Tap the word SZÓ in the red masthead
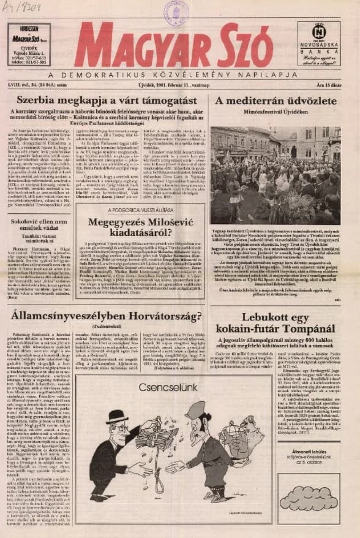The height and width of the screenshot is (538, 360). coord(242,46)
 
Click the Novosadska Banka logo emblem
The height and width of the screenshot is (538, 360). coord(318,31)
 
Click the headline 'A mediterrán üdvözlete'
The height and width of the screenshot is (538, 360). coord(276,100)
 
